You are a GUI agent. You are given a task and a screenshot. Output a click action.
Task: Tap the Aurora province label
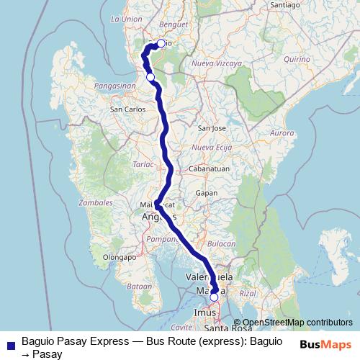coord(282,134)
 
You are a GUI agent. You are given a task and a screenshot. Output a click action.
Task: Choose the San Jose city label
coord(212,128)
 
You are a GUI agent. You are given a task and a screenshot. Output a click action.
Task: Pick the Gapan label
coord(207,194)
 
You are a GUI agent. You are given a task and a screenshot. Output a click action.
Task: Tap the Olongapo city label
coord(120,256)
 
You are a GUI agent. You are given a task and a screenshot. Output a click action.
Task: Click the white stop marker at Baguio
coord(160,43)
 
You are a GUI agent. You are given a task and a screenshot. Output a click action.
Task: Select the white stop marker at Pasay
coord(214,297)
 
